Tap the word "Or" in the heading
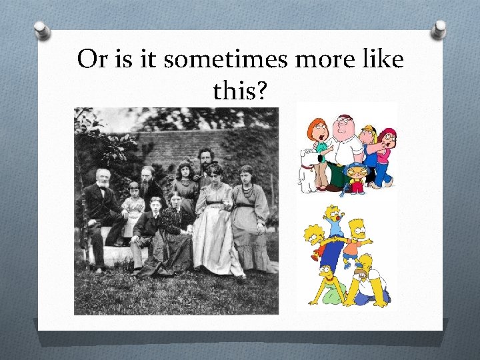(91, 60)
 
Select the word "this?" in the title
(241, 93)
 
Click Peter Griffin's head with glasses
(343, 125)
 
